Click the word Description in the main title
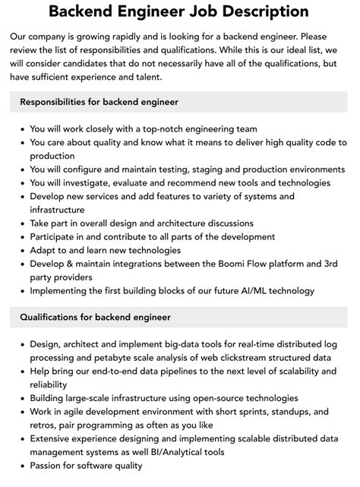tap(252, 12)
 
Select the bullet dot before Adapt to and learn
tap(21, 250)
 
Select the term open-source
tap(211, 398)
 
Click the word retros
tap(44, 425)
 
